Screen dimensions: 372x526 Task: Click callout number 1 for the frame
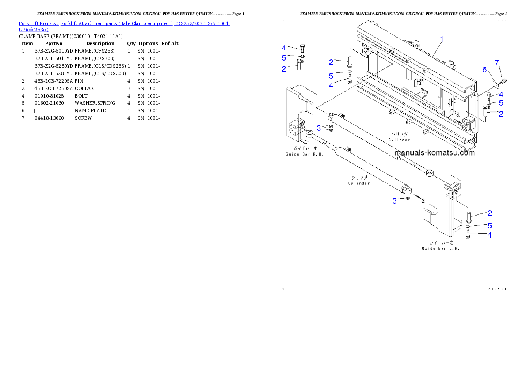pos(442,39)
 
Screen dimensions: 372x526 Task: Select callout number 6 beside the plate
pos(484,70)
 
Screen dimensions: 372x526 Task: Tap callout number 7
pos(497,62)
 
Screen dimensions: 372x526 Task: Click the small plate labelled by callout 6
pos(495,84)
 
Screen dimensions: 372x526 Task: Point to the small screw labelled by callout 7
pos(503,81)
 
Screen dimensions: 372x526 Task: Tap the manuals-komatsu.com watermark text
pos(435,153)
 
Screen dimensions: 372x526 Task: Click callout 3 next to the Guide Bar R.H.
pos(319,129)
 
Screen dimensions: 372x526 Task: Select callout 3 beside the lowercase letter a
pos(395,201)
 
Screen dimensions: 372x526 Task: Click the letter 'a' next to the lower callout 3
pos(423,200)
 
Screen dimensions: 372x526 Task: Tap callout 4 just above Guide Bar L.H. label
pos(489,235)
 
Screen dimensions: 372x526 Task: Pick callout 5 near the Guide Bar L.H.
pos(489,225)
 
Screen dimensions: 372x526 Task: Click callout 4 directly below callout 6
pos(501,95)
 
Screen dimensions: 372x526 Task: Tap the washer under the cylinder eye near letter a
pos(407,198)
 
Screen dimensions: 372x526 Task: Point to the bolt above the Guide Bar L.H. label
pos(468,235)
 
